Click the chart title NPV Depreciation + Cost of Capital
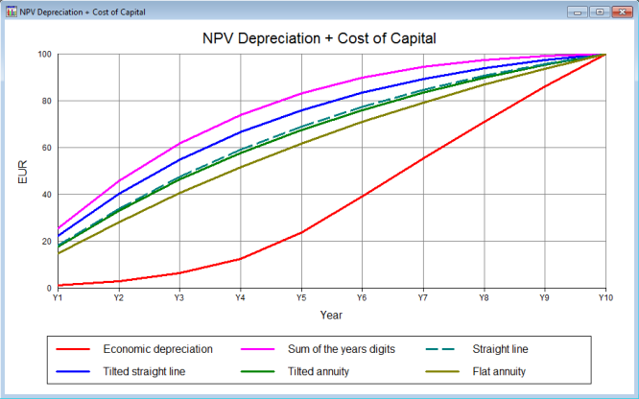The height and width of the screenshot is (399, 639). [319, 39]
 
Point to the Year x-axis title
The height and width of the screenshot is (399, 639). [331, 315]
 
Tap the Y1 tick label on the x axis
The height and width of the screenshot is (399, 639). [58, 297]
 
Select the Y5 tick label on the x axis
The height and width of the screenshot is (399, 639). [300, 297]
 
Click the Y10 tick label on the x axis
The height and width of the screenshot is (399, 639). [604, 297]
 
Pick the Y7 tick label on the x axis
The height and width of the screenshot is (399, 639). [422, 297]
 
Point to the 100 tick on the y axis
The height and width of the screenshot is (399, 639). [44, 55]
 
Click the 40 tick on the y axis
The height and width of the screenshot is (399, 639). [46, 195]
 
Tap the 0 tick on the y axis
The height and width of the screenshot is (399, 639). [49, 288]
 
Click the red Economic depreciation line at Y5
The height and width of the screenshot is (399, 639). [300, 232]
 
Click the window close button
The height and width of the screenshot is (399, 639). [621, 12]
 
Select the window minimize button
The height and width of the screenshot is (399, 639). [578, 12]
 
